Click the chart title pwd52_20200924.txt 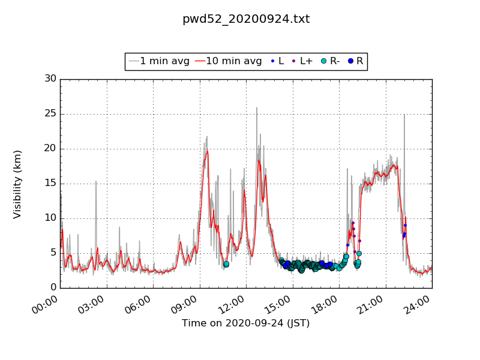tap(246, 19)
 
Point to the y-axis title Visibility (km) tap(17, 184)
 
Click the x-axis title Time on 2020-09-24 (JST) tap(246, 323)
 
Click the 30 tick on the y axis tap(50, 79)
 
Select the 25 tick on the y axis tap(50, 114)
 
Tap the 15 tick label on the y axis tap(50, 184)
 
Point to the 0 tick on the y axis tap(53, 287)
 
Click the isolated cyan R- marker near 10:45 tap(226, 264)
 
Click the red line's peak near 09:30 tap(208, 151)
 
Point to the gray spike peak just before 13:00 tap(257, 108)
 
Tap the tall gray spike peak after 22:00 tap(404, 115)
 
